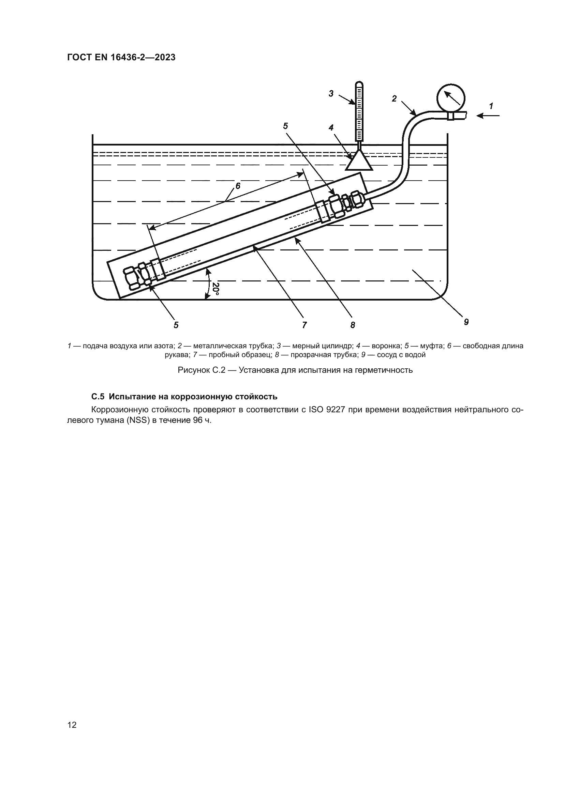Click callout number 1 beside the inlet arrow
491,106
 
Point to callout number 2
394,99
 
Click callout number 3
331,93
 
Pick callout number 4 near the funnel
331,128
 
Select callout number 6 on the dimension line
238,186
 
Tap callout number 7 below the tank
304,325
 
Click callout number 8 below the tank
353,325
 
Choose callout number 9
466,322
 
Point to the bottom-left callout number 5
176,325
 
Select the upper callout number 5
285,126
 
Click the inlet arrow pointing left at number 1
488,116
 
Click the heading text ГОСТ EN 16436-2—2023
121,57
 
